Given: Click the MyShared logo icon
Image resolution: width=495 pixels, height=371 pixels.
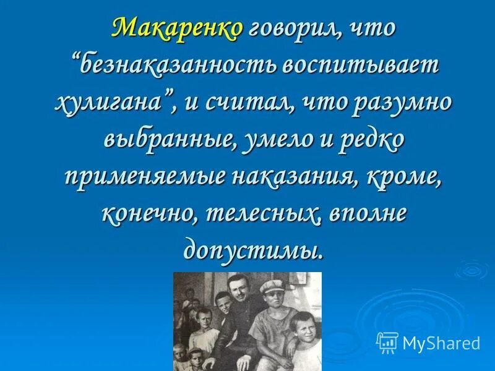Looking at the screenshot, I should [x=387, y=343].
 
